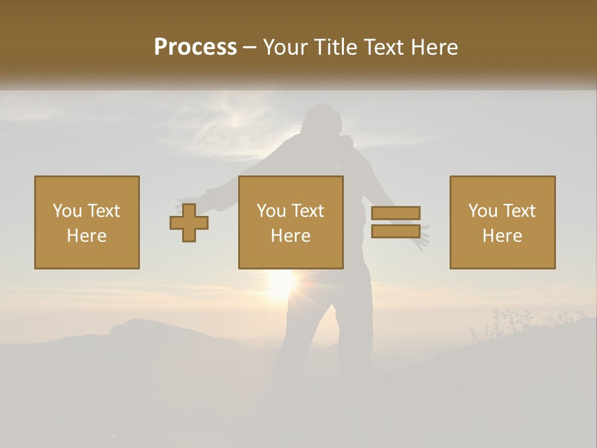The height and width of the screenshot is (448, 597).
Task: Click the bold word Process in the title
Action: point(195,47)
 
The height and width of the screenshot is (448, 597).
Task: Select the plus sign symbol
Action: point(189,223)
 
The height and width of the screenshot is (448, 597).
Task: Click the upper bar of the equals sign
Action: point(396,213)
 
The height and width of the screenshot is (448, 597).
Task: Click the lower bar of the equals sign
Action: point(396,231)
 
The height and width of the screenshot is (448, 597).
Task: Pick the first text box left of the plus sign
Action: point(87,222)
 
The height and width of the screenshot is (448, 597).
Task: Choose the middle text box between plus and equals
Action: point(290,222)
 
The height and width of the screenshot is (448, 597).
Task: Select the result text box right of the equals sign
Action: point(502,222)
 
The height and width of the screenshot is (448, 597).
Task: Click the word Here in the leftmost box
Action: point(86,236)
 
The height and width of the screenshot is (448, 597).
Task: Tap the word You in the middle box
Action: point(271,211)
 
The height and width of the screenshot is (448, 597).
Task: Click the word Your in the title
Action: point(286,47)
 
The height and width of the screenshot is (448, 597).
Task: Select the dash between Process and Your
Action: point(249,47)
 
